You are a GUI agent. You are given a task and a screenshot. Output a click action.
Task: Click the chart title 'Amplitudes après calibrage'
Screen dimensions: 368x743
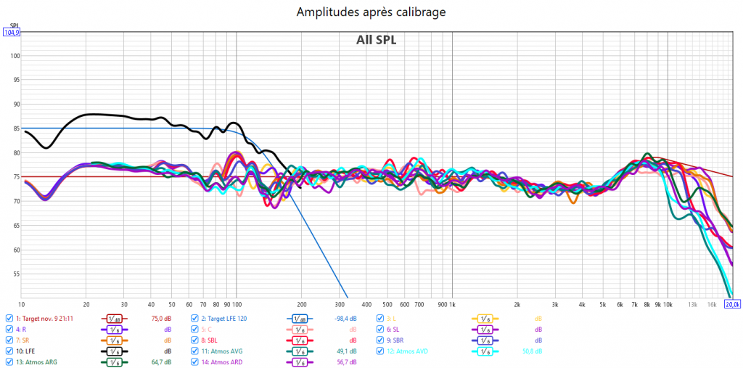coord(371,12)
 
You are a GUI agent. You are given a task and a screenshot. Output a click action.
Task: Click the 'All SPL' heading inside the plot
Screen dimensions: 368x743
coord(376,40)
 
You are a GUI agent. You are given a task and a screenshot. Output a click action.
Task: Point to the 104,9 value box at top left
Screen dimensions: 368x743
coord(12,33)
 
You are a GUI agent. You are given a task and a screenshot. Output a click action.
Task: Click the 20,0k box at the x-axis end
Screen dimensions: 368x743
coord(732,304)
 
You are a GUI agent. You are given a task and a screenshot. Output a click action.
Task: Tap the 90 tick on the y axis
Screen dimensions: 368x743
coord(15,104)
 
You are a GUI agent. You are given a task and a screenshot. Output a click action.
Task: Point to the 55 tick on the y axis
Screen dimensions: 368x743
coord(15,274)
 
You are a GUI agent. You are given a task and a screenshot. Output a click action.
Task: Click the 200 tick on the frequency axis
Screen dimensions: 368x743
coord(301,304)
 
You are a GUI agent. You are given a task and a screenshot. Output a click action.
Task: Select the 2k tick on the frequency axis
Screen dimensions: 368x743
coord(517,304)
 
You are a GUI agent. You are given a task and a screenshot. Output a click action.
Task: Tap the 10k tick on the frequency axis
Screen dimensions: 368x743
coord(668,304)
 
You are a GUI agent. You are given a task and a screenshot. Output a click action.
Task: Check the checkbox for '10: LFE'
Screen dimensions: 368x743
coord(9,351)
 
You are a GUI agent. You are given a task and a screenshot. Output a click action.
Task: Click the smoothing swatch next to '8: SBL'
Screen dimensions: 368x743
coord(299,340)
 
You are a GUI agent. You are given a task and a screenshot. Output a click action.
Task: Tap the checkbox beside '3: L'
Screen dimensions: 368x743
coord(380,318)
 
